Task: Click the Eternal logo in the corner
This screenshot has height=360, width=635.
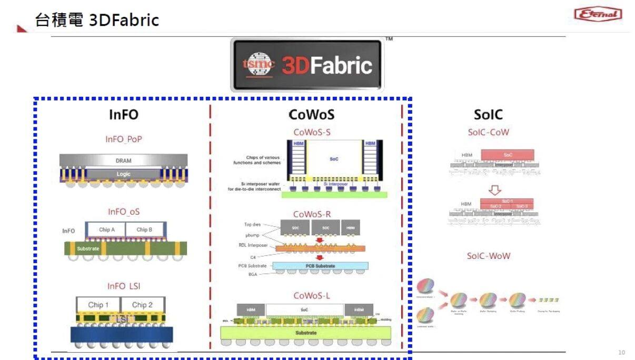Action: [598, 14]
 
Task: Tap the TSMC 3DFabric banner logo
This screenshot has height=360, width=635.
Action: [307, 65]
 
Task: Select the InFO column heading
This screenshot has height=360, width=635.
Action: [124, 115]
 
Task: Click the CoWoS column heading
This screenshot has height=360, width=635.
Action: [311, 115]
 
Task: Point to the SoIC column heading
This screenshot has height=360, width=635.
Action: [488, 115]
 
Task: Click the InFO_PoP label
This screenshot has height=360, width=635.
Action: [124, 139]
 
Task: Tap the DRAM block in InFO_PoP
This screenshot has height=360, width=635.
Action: [123, 161]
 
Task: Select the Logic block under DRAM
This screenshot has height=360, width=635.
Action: [123, 174]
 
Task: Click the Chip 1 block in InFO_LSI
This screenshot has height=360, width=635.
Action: [98, 305]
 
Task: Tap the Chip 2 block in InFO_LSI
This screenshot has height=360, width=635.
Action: [143, 305]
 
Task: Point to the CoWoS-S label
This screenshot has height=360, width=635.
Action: [312, 132]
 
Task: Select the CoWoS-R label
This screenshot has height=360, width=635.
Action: [312, 214]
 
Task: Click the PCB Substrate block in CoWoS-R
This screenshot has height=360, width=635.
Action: [320, 266]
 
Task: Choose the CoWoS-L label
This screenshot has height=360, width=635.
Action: [312, 296]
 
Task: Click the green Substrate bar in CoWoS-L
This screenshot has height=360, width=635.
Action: [305, 333]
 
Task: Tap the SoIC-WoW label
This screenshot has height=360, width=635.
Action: [488, 256]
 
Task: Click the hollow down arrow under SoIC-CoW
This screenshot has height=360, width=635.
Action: [495, 189]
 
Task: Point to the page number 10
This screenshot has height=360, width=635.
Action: [621, 352]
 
